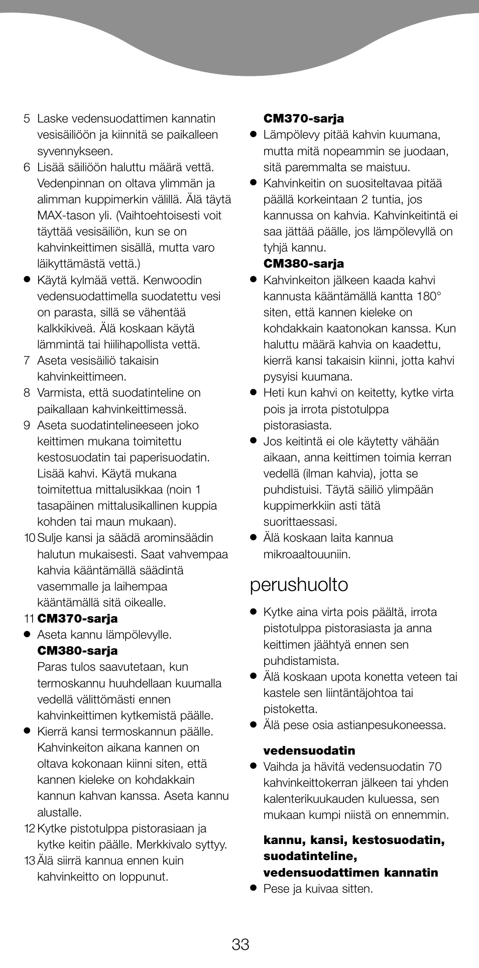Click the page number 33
pyautogui.click(x=241, y=944)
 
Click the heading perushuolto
pyautogui.click(x=299, y=585)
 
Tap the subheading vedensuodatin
pyautogui.click(x=309, y=751)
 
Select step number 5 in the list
pyautogui.click(x=27, y=119)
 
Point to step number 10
pyautogui.click(x=29, y=538)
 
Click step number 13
pyautogui.click(x=29, y=861)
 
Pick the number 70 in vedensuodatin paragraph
pyautogui.click(x=435, y=767)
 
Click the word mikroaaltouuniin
pyautogui.click(x=307, y=554)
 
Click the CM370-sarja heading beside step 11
pyautogui.click(x=77, y=619)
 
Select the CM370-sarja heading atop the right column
pyautogui.click(x=304, y=119)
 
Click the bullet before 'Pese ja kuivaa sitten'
pyautogui.click(x=254, y=889)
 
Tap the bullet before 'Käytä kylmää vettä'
pyautogui.click(x=27, y=280)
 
